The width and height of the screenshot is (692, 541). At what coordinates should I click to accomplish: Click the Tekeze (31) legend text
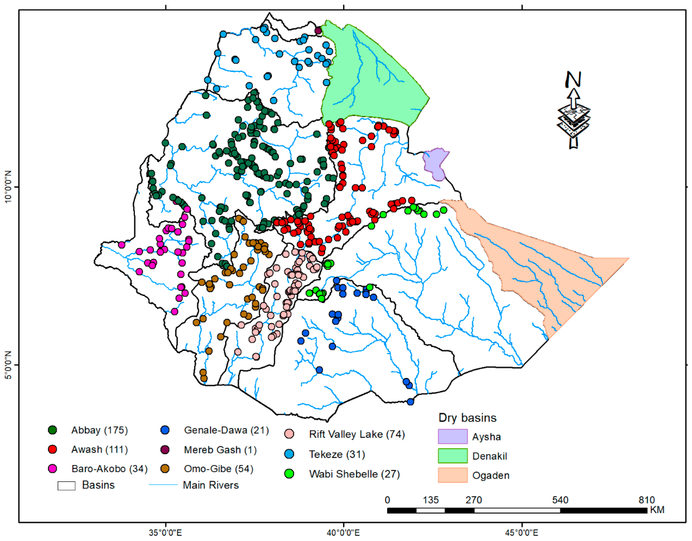tap(337, 454)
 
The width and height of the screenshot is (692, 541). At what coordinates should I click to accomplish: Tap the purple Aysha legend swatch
tap(452, 437)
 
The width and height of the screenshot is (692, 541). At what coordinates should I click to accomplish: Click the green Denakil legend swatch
tap(452, 456)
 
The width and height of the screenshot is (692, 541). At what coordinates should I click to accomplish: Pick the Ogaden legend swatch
tap(452, 475)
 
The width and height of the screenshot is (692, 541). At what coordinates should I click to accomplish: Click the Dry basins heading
tap(467, 418)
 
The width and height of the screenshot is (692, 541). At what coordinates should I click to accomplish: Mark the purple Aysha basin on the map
tap(435, 163)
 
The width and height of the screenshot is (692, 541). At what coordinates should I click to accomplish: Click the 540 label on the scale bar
tap(560, 500)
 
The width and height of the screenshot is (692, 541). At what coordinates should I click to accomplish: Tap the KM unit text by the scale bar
tap(657, 510)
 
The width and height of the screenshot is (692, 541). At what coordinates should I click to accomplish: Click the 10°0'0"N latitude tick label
tap(8, 187)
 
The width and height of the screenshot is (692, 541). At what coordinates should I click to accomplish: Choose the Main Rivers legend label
tap(211, 485)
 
